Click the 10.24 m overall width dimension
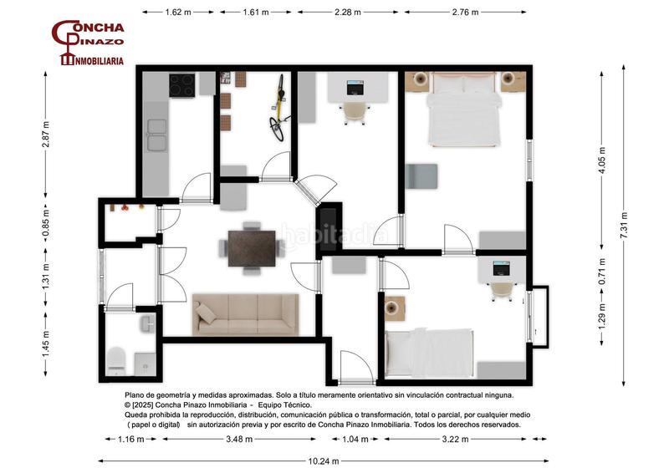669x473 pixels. click(324, 461)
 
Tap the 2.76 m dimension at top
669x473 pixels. click(465, 13)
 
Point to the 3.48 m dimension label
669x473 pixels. click(239, 439)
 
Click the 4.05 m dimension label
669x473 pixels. click(602, 160)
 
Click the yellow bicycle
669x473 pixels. click(278, 108)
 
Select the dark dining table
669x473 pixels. click(252, 248)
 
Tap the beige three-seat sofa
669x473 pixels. click(245, 314)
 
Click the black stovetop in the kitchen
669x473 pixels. click(182, 85)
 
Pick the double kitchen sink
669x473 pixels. click(156, 135)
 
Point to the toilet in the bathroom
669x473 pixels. click(115, 361)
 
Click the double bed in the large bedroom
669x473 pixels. click(464, 109)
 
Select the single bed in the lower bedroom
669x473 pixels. click(429, 353)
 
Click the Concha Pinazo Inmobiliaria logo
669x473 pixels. click(88, 43)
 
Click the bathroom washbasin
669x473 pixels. click(148, 323)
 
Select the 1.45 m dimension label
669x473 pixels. click(46, 344)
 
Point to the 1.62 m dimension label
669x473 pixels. click(178, 13)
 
